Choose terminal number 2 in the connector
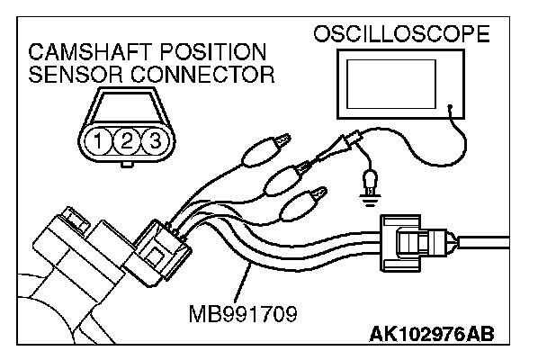coord(128,140)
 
